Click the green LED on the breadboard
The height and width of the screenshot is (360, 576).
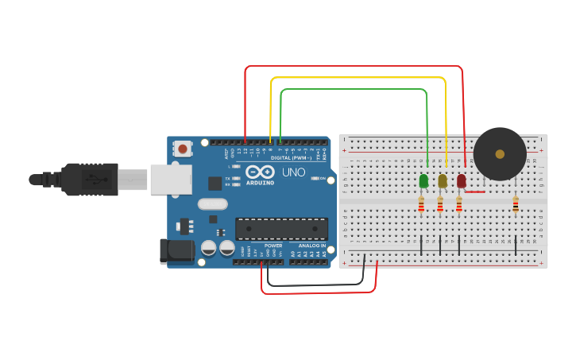423,181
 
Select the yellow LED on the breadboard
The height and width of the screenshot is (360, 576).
443,181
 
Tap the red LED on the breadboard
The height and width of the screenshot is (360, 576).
462,181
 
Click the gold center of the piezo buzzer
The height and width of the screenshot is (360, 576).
500,153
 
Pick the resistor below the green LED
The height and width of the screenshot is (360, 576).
421,207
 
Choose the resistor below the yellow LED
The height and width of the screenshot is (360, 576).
440,207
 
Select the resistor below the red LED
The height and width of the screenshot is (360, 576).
459,207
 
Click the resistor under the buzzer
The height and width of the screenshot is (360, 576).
516,206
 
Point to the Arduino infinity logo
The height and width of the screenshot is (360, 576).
260,172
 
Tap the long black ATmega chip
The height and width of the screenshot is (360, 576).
281,229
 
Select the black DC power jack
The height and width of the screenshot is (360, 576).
176,251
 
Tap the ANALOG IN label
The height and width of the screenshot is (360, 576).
311,246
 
